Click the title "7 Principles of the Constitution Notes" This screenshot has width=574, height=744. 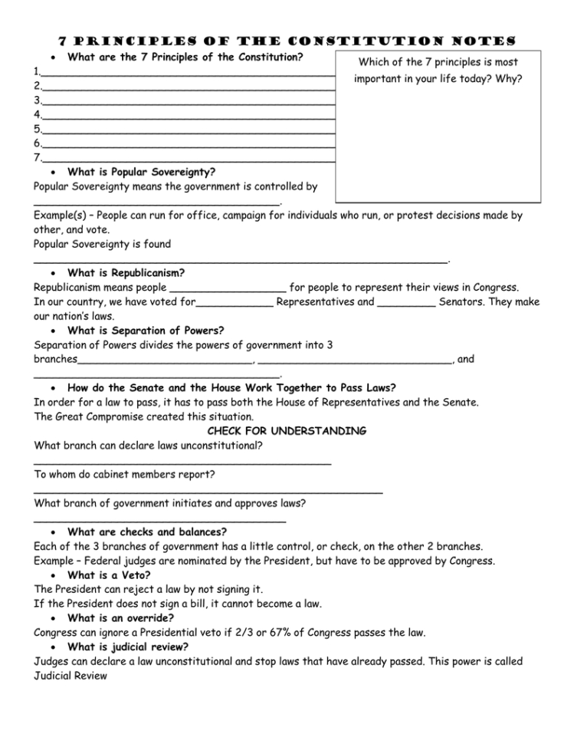[x=287, y=39]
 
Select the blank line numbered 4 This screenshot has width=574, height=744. [x=188, y=114]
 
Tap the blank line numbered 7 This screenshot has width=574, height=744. [x=188, y=157]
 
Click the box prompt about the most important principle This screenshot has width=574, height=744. [x=438, y=70]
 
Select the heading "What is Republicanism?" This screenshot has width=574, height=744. [x=126, y=272]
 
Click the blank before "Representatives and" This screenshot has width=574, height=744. [x=235, y=302]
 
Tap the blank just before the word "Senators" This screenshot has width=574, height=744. [x=407, y=302]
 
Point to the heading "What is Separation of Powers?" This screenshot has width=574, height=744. [x=146, y=331]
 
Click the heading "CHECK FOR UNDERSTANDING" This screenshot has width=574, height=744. [x=287, y=431]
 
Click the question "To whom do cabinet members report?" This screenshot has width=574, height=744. [x=124, y=474]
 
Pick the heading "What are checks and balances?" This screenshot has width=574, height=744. [x=147, y=532]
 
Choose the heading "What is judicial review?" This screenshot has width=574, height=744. [x=128, y=647]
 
